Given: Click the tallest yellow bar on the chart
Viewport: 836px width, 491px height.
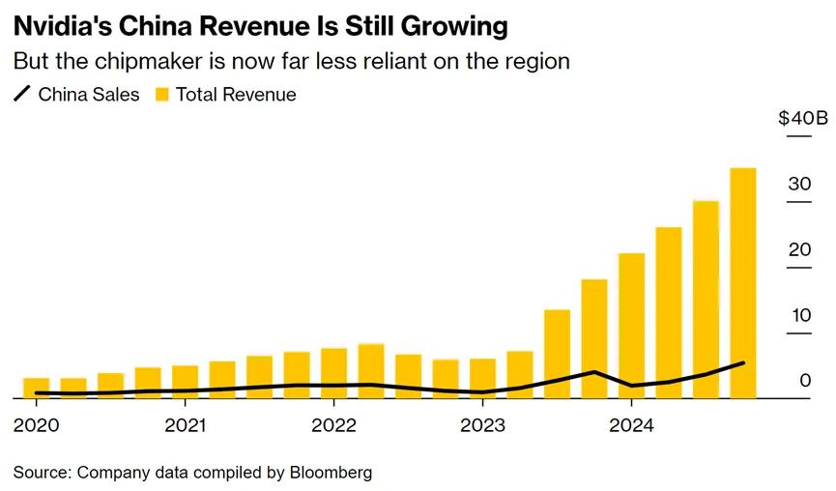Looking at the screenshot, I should [742, 283].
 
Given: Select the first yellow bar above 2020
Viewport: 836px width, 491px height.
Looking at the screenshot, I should [36, 388].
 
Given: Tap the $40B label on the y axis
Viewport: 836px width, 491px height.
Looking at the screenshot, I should [802, 119].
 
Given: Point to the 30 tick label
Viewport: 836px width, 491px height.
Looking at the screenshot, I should [798, 184].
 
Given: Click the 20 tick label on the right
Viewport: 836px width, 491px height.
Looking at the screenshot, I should [798, 249].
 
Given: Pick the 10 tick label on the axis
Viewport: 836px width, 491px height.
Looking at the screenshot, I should [798, 315].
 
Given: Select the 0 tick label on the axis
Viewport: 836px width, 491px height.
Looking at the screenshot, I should [804, 381].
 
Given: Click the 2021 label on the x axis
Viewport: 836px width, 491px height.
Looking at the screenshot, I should [185, 425].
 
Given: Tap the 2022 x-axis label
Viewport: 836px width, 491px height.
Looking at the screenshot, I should [334, 425].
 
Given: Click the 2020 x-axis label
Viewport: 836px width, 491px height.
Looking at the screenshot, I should [35, 425].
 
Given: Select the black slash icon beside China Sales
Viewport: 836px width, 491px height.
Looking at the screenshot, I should [22, 95].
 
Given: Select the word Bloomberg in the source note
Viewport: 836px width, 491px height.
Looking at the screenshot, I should [330, 473].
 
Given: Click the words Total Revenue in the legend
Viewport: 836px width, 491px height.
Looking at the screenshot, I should [236, 95].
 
